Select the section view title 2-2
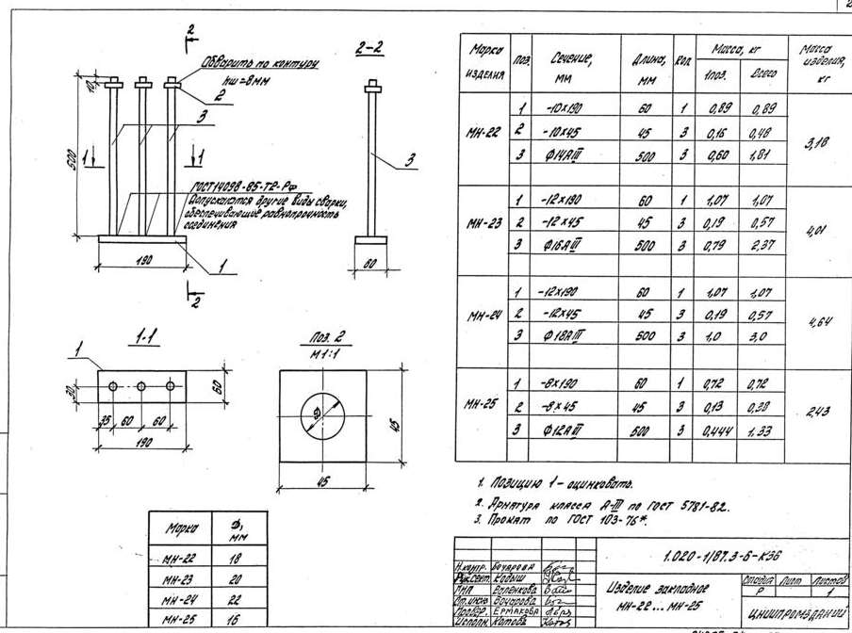(x=369, y=49)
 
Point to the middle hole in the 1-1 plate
(x=141, y=386)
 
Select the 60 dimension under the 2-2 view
(x=370, y=265)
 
